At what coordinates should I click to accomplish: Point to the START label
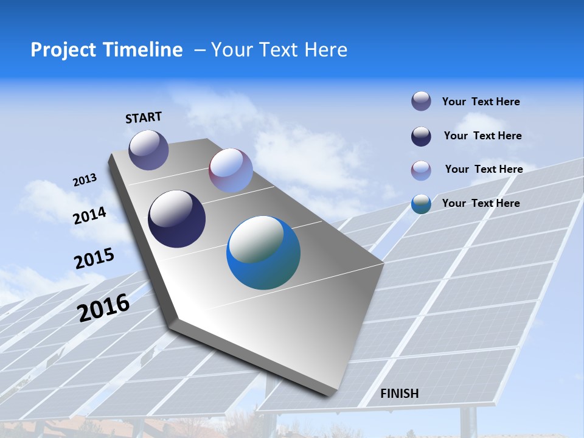click(144, 117)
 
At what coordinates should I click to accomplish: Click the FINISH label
click(400, 394)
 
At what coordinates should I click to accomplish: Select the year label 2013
click(85, 180)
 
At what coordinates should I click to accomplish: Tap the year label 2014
click(89, 216)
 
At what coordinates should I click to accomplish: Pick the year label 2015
click(94, 259)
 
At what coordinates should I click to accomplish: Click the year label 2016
click(103, 307)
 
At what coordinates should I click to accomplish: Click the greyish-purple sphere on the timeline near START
click(148, 150)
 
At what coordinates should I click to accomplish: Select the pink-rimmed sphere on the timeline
click(231, 170)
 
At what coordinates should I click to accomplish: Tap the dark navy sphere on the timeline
click(177, 219)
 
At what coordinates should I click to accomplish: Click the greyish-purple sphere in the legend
click(421, 101)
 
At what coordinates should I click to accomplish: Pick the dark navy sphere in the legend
click(421, 136)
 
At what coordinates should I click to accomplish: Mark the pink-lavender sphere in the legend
click(421, 170)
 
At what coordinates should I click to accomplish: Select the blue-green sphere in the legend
click(421, 204)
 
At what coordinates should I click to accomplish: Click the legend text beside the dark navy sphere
click(482, 136)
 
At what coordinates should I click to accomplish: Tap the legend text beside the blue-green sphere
click(481, 203)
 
